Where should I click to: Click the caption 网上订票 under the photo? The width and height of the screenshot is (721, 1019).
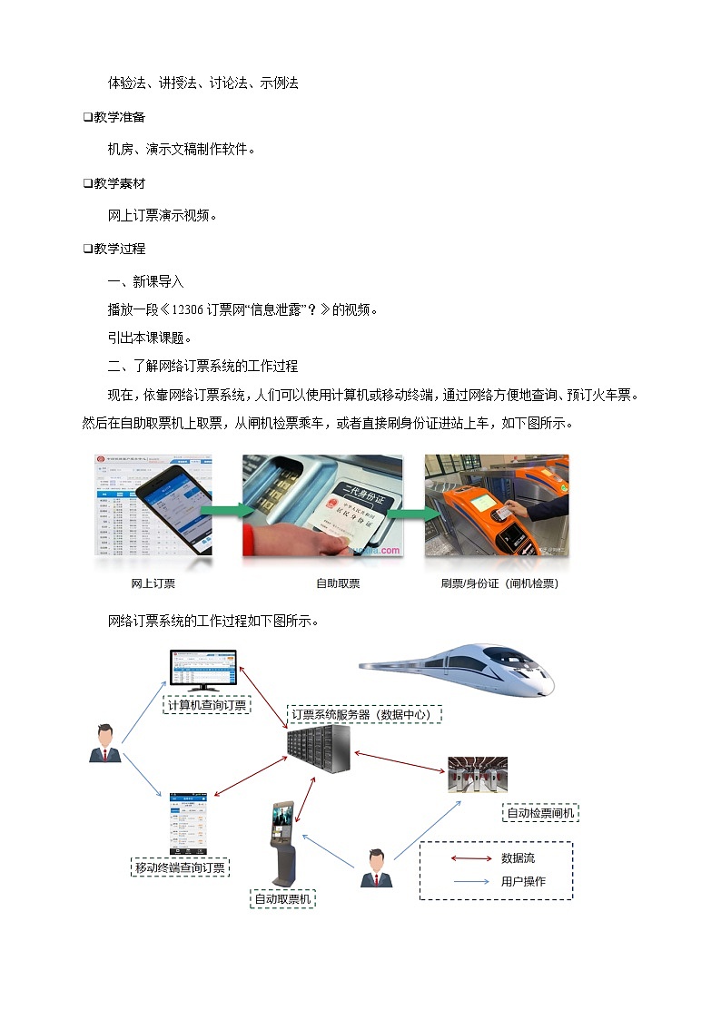(x=153, y=583)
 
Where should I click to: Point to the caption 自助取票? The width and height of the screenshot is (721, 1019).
(x=338, y=583)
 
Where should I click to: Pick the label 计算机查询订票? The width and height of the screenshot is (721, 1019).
(x=208, y=705)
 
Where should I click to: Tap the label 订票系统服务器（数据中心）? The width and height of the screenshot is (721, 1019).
(x=364, y=714)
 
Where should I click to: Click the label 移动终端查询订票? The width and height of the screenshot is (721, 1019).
(x=180, y=867)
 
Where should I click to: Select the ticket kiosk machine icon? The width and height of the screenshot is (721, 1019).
(x=284, y=843)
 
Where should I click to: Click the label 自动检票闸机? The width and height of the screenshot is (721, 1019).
(x=541, y=813)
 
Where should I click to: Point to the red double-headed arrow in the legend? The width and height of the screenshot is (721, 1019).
(x=470, y=858)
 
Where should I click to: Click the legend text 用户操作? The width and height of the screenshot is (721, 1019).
(x=523, y=881)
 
